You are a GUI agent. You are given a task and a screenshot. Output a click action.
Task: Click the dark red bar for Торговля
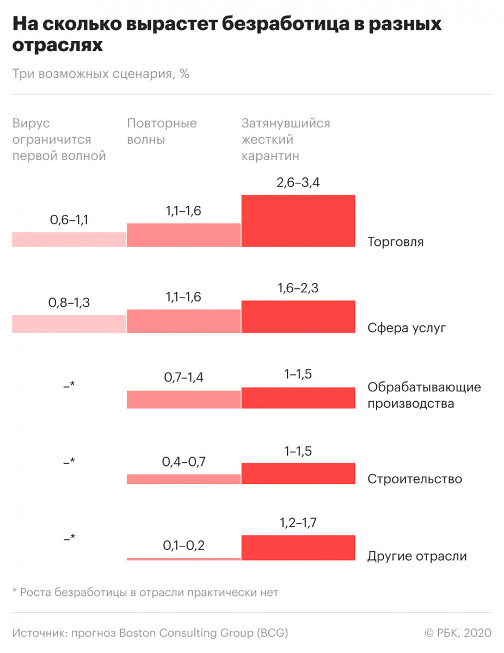[298, 220]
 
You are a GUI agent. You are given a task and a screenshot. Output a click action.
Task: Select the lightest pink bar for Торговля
[69, 239]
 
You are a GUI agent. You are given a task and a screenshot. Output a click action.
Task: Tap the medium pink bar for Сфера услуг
[183, 321]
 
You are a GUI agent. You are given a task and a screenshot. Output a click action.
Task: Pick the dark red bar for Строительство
[298, 473]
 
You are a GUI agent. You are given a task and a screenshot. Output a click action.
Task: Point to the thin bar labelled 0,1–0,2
[183, 558]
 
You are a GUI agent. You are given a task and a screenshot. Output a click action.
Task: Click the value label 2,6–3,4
[298, 183]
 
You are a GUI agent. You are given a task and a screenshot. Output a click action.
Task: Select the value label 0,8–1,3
[70, 303]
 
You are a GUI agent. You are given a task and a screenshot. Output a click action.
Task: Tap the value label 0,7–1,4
[183, 377]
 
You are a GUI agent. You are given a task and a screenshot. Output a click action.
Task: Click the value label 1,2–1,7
[298, 523]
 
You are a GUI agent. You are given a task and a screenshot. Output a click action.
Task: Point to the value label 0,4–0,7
[183, 462]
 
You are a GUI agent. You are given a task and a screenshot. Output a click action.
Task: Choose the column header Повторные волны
[162, 131]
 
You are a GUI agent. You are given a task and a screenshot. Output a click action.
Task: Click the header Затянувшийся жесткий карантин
[286, 139]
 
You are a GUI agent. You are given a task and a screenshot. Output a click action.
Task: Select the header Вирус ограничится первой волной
[59, 139]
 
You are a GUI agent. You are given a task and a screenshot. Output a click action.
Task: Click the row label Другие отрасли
[417, 556]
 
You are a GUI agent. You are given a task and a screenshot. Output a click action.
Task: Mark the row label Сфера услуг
[407, 328]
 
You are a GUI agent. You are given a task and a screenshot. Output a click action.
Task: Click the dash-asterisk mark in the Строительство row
[69, 461]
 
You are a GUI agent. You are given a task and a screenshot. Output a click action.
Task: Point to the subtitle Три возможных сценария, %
[101, 74]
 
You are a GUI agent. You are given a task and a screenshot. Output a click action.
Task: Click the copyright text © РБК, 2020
[457, 633]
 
